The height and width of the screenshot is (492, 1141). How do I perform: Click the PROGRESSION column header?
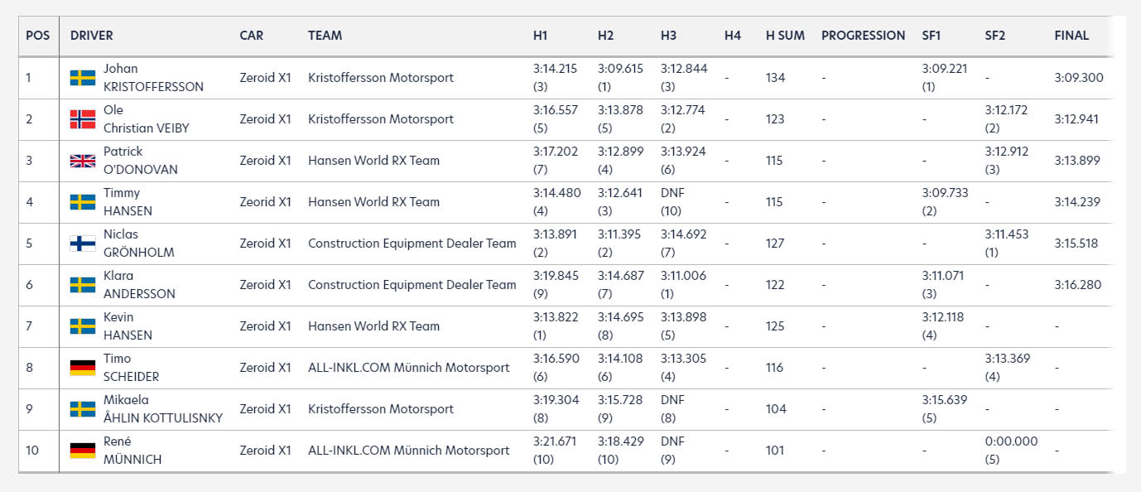tap(863, 36)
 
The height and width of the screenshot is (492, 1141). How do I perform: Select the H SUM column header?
tap(785, 36)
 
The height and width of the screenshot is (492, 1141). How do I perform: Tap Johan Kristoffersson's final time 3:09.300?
tap(1078, 77)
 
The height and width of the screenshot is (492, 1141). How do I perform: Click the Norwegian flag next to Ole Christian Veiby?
tap(83, 119)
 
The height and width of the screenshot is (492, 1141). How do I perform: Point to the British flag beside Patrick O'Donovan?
tap(83, 161)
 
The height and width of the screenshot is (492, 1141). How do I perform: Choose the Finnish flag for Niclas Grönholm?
tap(83, 244)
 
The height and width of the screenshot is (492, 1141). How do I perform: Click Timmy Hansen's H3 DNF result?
tap(672, 193)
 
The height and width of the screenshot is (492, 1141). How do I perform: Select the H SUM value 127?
tap(775, 244)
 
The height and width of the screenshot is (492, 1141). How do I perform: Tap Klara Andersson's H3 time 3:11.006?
tap(683, 276)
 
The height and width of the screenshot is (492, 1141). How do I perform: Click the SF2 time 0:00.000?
tap(1011, 441)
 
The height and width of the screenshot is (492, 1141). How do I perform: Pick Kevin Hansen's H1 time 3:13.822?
tap(556, 316)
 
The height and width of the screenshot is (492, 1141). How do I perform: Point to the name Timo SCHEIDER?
tap(131, 367)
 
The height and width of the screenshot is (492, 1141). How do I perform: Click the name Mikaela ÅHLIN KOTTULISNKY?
tap(163, 409)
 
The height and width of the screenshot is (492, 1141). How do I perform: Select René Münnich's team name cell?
tap(408, 451)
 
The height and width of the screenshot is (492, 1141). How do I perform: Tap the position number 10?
tap(32, 451)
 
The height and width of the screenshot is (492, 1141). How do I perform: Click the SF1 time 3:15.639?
tap(945, 400)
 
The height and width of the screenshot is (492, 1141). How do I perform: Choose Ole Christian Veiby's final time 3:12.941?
tap(1076, 119)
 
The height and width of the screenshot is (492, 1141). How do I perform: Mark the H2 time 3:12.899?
tap(620, 152)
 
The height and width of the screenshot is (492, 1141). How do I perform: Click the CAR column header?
tap(252, 36)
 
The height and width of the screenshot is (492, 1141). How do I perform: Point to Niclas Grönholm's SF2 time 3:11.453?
tap(1007, 234)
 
